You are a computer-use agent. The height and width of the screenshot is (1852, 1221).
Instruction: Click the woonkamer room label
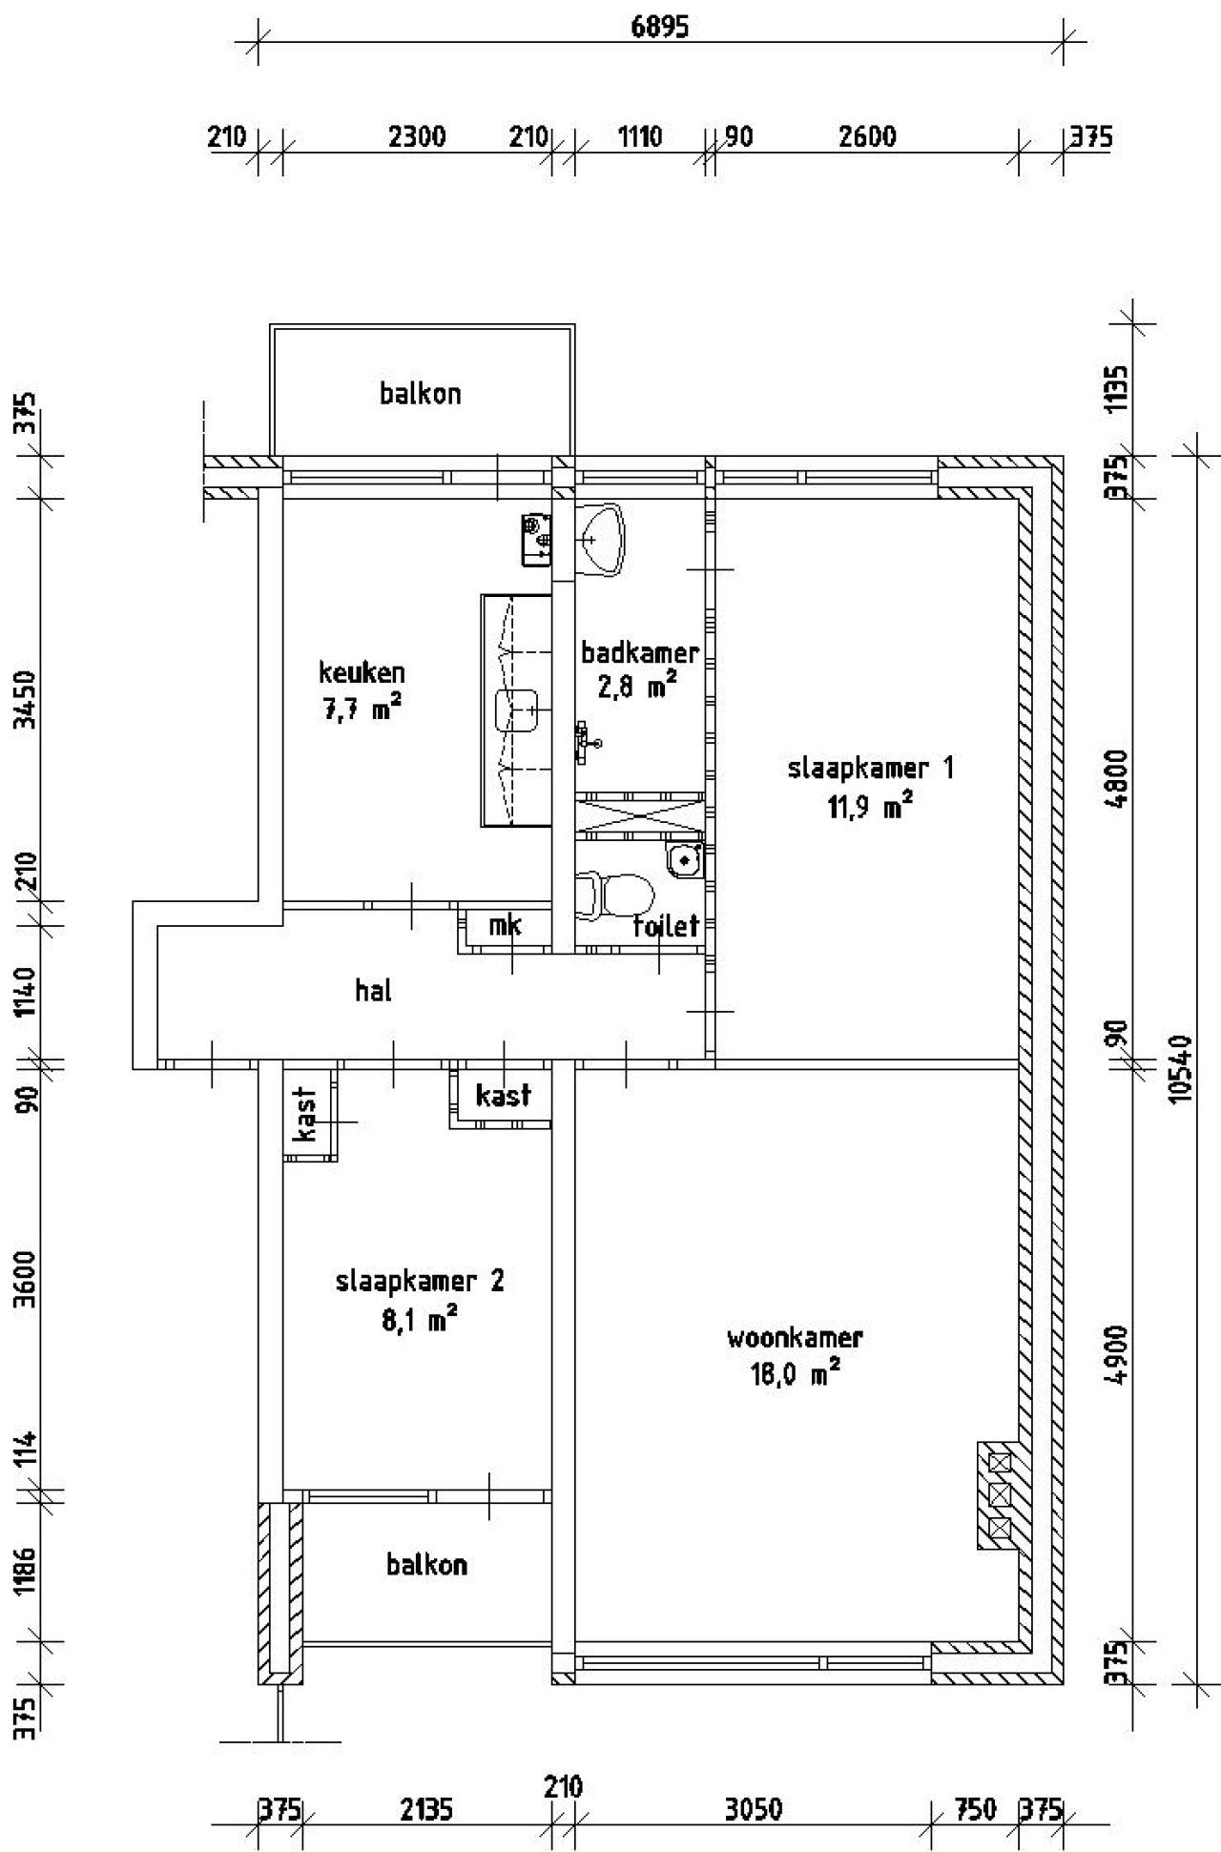click(795, 1337)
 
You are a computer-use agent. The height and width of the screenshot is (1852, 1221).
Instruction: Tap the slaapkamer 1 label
click(871, 768)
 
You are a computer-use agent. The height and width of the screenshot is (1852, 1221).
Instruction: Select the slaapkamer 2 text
click(420, 1281)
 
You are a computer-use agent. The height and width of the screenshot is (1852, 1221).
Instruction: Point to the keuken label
click(362, 672)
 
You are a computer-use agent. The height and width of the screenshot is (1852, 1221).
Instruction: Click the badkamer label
click(640, 653)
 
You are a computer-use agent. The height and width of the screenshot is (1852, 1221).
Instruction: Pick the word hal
click(373, 990)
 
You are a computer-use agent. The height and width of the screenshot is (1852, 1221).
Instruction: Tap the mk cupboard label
click(505, 925)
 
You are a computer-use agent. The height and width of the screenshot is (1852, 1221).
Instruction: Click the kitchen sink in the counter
click(518, 710)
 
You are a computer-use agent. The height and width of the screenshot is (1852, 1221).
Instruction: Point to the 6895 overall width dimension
click(659, 27)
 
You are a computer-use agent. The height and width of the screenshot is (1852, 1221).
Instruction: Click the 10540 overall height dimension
click(1184, 1068)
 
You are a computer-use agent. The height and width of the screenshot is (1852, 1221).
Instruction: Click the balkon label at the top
click(421, 393)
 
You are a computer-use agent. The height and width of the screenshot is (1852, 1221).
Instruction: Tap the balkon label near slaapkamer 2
click(427, 1564)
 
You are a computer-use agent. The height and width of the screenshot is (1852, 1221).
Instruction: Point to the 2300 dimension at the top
click(417, 136)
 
